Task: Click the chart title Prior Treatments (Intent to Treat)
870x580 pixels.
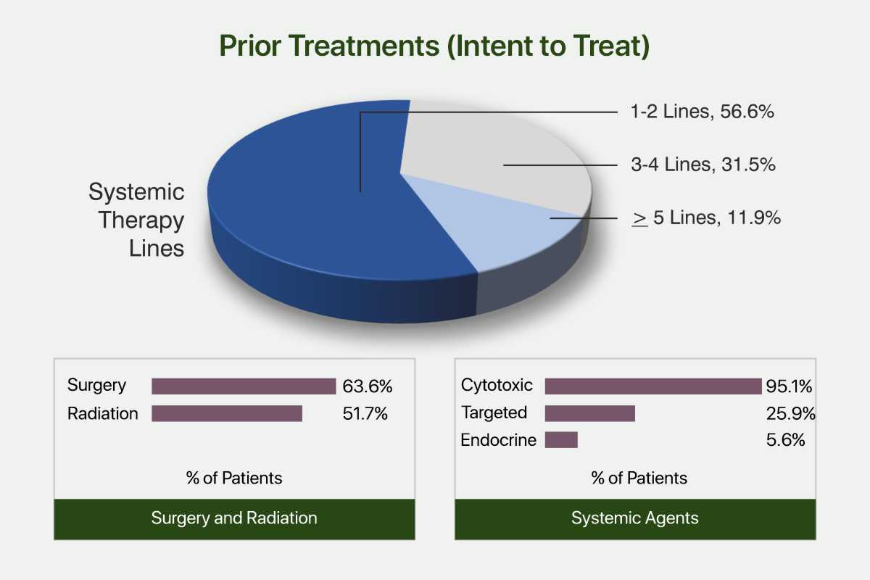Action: pyautogui.click(x=434, y=46)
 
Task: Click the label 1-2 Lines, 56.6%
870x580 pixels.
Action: pyautogui.click(x=703, y=112)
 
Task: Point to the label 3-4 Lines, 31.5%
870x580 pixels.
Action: pyautogui.click(x=703, y=165)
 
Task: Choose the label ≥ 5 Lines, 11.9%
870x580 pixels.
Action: pyautogui.click(x=706, y=217)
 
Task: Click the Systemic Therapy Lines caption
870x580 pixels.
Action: pyautogui.click(x=136, y=220)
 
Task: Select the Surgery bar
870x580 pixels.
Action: pyautogui.click(x=244, y=386)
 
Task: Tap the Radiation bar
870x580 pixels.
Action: pyautogui.click(x=227, y=413)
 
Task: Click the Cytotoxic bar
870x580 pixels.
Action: pyautogui.click(x=653, y=386)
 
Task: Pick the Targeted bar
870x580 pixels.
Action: pyautogui.click(x=590, y=413)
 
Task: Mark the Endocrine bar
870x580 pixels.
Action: pyautogui.click(x=561, y=440)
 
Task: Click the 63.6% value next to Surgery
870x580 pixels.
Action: pyautogui.click(x=368, y=386)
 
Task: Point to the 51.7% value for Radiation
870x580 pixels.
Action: pyautogui.click(x=365, y=414)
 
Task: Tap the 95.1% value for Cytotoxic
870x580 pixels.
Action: pyautogui.click(x=789, y=386)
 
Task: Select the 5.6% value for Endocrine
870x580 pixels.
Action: pyautogui.click(x=785, y=440)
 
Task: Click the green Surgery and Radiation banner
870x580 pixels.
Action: pyautogui.click(x=235, y=519)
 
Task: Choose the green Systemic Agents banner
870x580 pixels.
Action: pyautogui.click(x=635, y=519)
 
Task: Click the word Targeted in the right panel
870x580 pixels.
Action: pyautogui.click(x=494, y=413)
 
